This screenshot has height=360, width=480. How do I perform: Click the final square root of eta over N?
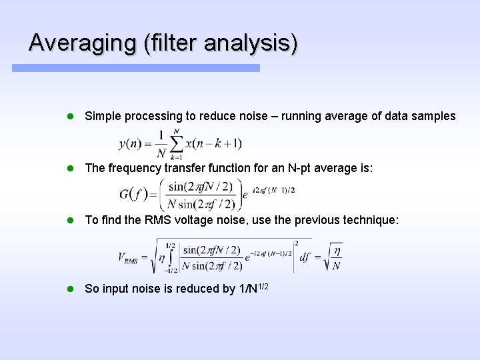click(x=333, y=258)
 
